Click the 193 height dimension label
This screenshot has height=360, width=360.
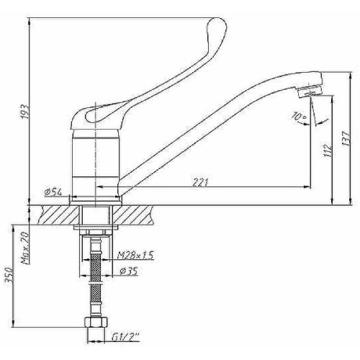click(25, 112)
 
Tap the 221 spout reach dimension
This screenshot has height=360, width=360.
click(200, 182)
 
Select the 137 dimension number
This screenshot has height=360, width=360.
click(346, 138)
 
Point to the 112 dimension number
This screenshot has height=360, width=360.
click(328, 150)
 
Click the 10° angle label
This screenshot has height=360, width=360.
click(299, 117)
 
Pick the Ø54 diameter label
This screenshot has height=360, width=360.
click(53, 192)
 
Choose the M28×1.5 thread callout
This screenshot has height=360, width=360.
click(135, 255)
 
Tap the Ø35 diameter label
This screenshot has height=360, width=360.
click(128, 271)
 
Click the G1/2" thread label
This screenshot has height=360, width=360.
click(125, 337)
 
